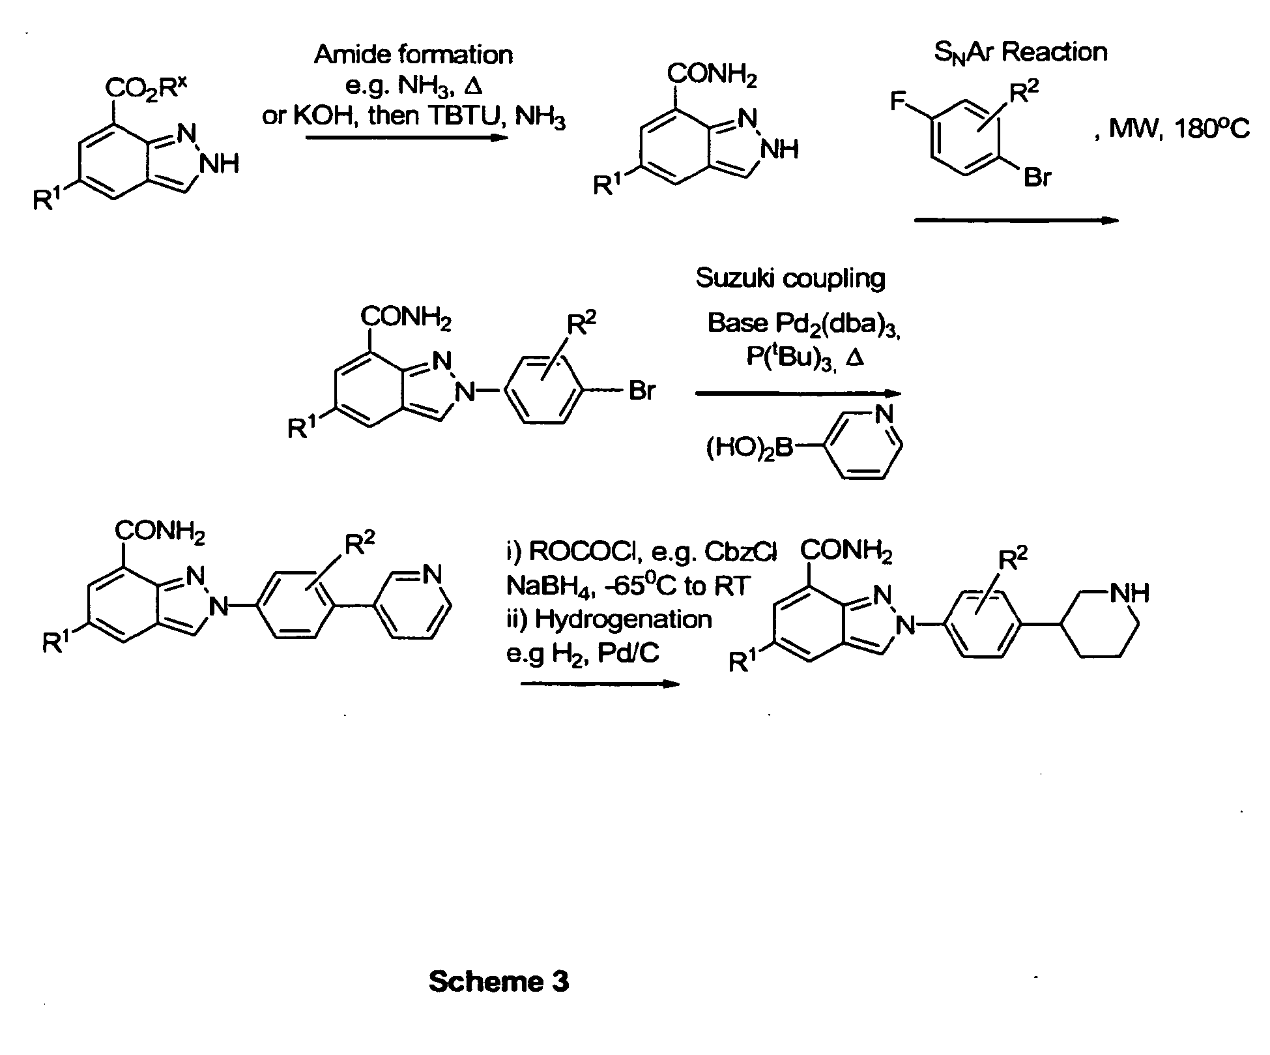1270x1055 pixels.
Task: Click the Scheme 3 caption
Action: point(498,981)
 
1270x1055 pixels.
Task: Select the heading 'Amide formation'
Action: point(414,55)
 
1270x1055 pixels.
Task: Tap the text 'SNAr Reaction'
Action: point(1020,52)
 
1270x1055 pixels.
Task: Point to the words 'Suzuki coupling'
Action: point(790,278)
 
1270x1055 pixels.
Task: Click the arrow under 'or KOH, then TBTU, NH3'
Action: point(407,138)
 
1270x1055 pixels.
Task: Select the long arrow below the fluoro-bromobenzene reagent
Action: point(1017,220)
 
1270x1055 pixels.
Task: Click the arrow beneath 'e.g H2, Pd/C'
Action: point(599,683)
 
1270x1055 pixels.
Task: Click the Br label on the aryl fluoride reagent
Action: point(1037,177)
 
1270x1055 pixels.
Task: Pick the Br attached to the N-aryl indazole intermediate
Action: point(642,391)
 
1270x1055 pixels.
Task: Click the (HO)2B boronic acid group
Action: point(749,449)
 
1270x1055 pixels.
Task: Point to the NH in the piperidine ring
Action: point(1129,593)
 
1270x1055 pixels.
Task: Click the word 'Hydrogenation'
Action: point(624,619)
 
